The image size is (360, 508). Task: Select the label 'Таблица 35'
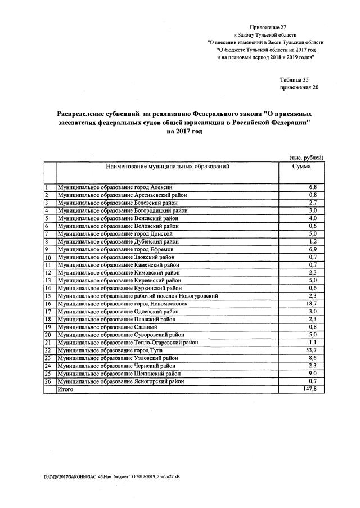pos(294,80)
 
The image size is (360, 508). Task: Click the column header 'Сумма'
pos(301,167)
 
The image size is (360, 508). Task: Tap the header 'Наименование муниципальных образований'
pos(167,167)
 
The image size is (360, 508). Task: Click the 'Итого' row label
pos(65,389)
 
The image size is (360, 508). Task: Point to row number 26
pos(48,381)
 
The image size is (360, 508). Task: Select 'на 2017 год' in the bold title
pos(184,131)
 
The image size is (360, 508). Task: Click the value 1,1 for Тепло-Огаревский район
pos(313,342)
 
